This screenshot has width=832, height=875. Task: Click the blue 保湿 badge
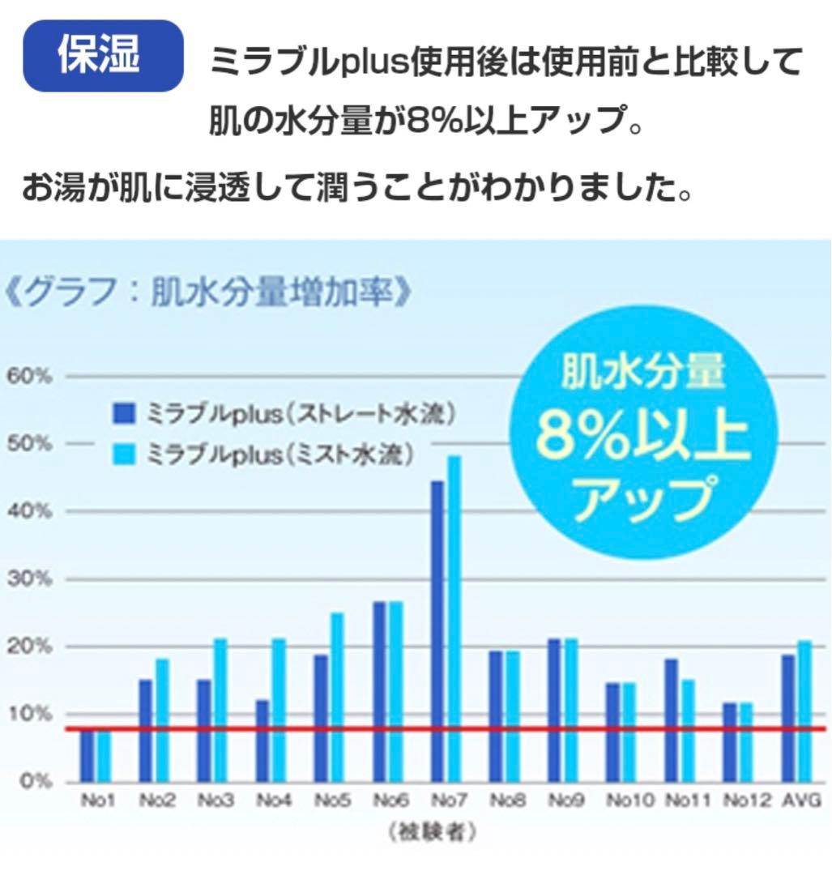tap(102, 55)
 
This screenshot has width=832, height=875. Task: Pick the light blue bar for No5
tap(337, 696)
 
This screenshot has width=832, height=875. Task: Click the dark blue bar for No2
tap(146, 729)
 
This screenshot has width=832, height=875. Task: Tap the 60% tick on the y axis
tap(30, 377)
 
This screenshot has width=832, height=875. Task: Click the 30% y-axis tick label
tap(30, 579)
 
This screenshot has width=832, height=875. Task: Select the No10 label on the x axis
tap(629, 801)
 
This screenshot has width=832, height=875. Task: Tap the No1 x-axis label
tap(98, 801)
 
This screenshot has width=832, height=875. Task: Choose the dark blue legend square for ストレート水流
tap(121, 415)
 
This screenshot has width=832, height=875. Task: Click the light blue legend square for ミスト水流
tap(121, 455)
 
